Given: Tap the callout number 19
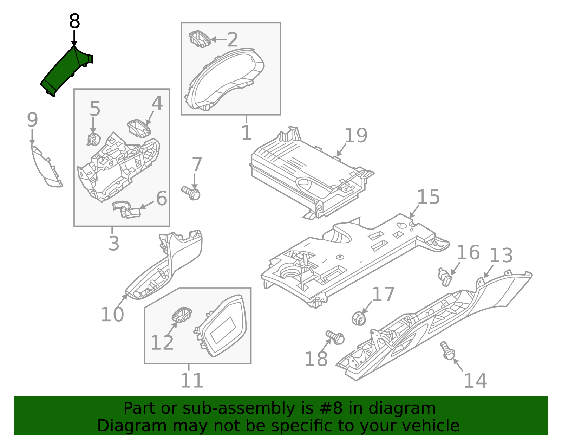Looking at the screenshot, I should (355, 136).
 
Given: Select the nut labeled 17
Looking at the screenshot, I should (359, 318).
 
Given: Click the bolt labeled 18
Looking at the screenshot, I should (335, 337).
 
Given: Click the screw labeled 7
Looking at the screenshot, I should (191, 192).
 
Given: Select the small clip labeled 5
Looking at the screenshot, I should (93, 140).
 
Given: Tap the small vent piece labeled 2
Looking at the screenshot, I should (200, 39).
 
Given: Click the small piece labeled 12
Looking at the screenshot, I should (182, 314).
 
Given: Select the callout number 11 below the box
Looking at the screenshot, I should (191, 381).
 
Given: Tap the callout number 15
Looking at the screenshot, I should (428, 197).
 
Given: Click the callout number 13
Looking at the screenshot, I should (501, 256).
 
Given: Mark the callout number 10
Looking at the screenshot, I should (112, 314).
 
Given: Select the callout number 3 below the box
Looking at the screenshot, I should (113, 243).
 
